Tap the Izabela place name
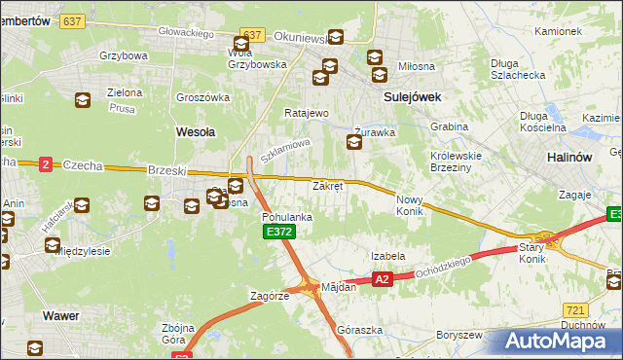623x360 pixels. pos(387,256)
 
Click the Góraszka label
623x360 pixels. pos(355,330)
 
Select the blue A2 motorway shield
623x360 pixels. pos(382,280)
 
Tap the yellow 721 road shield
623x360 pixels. pos(574,309)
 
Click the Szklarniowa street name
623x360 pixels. pos(285,150)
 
